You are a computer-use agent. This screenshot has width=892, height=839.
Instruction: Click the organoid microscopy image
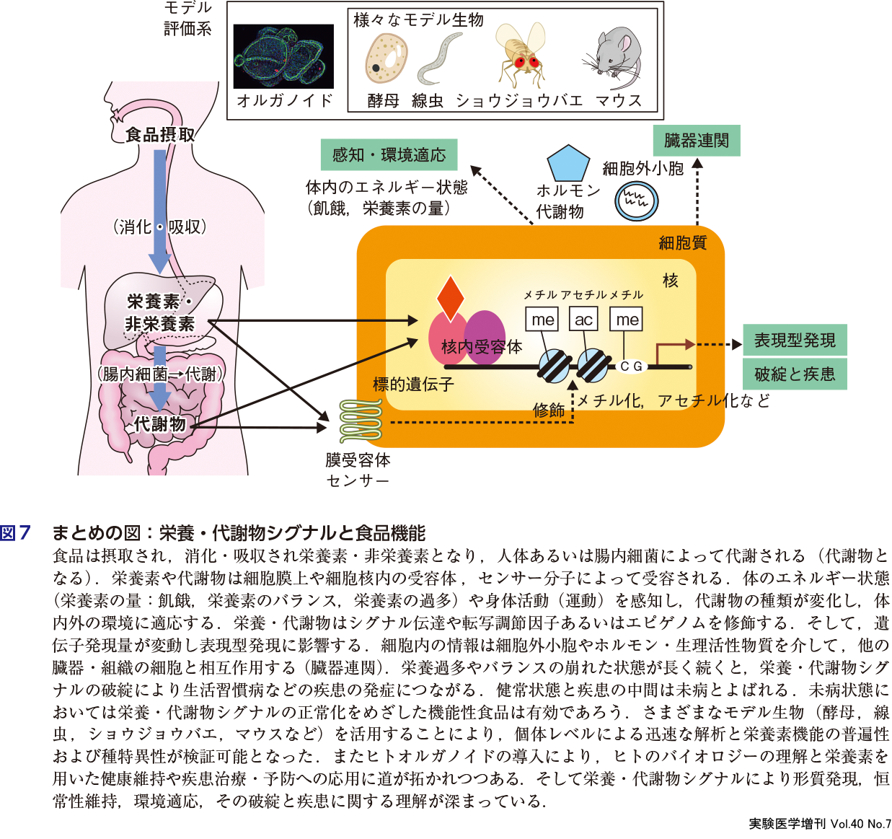pos(283,56)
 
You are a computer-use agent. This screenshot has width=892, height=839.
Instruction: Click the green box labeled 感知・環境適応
pos(389,154)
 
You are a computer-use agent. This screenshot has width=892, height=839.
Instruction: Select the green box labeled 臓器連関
pos(696,140)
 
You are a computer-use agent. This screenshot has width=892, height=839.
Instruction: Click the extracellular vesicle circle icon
pos(637,200)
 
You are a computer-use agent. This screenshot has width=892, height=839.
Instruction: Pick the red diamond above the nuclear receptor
pos(450,296)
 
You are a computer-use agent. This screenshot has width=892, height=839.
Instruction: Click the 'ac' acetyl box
pos(583,319)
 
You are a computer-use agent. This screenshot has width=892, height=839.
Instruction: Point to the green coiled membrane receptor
pos(360,421)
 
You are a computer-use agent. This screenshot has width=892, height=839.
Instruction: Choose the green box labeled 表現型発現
pos(795,340)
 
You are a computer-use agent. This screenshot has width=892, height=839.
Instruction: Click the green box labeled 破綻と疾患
pos(795,374)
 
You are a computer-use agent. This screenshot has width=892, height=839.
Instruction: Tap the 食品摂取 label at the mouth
pos(159,135)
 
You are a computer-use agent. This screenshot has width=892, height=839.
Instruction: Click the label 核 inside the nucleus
pos(671,280)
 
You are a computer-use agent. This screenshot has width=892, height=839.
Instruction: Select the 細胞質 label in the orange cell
pos(682,243)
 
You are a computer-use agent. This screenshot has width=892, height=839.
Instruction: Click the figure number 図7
pos(16,533)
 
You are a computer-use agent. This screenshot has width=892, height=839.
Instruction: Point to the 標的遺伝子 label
pos(412,384)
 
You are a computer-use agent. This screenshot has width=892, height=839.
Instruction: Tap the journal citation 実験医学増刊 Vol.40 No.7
pos(819,823)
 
